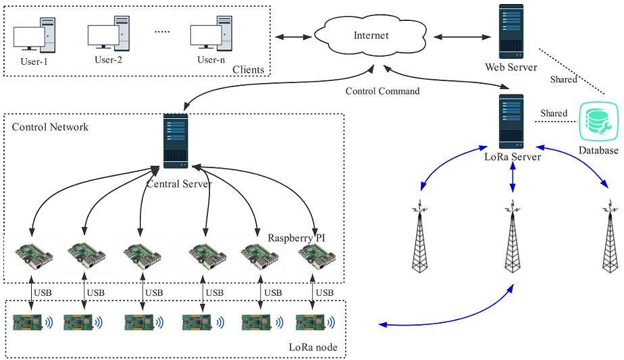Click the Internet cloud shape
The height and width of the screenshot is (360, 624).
pos(371,35)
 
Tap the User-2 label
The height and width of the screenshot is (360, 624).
pos(108,59)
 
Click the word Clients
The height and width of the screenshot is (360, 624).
pos(248,70)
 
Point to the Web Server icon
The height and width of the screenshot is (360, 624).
pos(511,32)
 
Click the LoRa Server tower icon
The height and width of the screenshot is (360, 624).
pos(512,122)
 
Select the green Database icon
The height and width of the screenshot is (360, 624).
pos(598,122)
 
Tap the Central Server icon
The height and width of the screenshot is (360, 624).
pos(176,141)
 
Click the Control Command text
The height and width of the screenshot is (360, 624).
pos(382,91)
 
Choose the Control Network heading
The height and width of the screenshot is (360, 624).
pos(50,127)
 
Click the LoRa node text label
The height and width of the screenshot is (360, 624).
pos(313,348)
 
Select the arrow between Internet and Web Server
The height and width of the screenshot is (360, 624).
pos(460,35)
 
